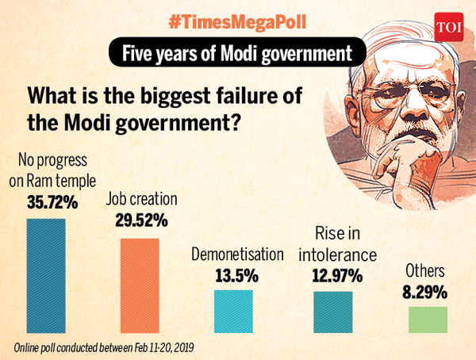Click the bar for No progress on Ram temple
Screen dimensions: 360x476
pos(46,275)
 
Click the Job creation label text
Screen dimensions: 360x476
pos(141,199)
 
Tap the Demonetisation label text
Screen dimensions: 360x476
pos(237,255)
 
